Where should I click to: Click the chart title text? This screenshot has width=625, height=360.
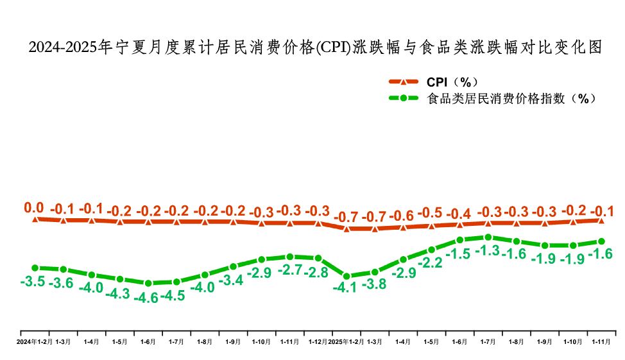tap(316, 47)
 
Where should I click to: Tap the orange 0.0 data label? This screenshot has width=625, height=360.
tap(33, 207)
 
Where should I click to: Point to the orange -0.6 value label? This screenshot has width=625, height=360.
tap(402, 216)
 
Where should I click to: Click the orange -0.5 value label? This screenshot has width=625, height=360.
tap(431, 213)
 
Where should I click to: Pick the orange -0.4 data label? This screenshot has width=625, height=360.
tap(459, 213)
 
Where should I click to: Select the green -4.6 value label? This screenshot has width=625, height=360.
tap(147, 298)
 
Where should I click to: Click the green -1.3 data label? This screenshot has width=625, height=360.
tap(488, 252)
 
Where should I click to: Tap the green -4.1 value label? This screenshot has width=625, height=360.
tap(347, 288)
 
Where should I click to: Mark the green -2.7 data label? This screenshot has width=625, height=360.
tap(290, 270)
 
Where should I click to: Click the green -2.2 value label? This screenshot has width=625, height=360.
tap(431, 262)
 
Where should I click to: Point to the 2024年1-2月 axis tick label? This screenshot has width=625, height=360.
tap(35, 342)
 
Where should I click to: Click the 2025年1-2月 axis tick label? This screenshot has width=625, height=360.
tap(347, 342)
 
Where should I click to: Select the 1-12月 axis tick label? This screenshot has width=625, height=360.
tap(318, 342)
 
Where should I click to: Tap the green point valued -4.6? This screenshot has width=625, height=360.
tap(148, 283)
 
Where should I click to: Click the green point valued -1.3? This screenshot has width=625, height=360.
tap(488, 237)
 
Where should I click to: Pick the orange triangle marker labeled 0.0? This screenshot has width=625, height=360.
tap(35, 219)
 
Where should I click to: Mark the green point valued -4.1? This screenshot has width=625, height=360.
tap(347, 276)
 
